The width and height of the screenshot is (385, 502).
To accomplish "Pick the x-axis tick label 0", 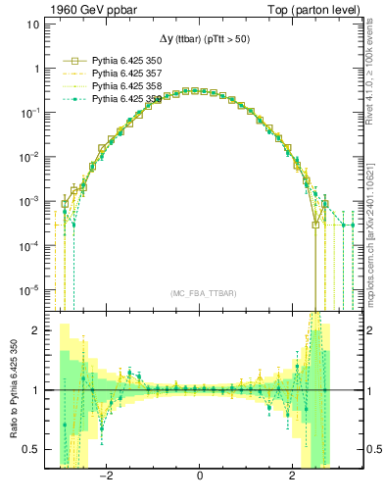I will [200, 477].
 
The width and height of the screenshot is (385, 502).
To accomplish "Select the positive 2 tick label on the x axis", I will [292, 477].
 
